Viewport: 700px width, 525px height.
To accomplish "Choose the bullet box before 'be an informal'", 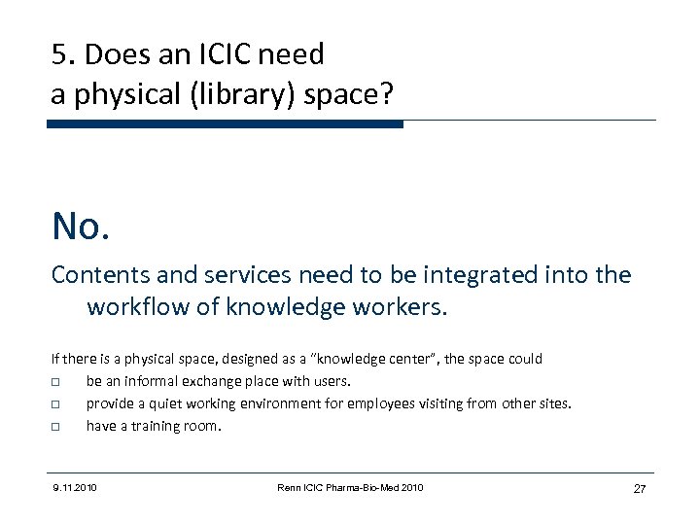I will point(57,381).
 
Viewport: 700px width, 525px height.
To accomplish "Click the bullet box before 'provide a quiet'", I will point(57,403).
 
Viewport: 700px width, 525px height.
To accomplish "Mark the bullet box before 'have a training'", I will point(57,426).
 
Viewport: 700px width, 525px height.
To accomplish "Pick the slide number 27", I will point(639,488).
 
